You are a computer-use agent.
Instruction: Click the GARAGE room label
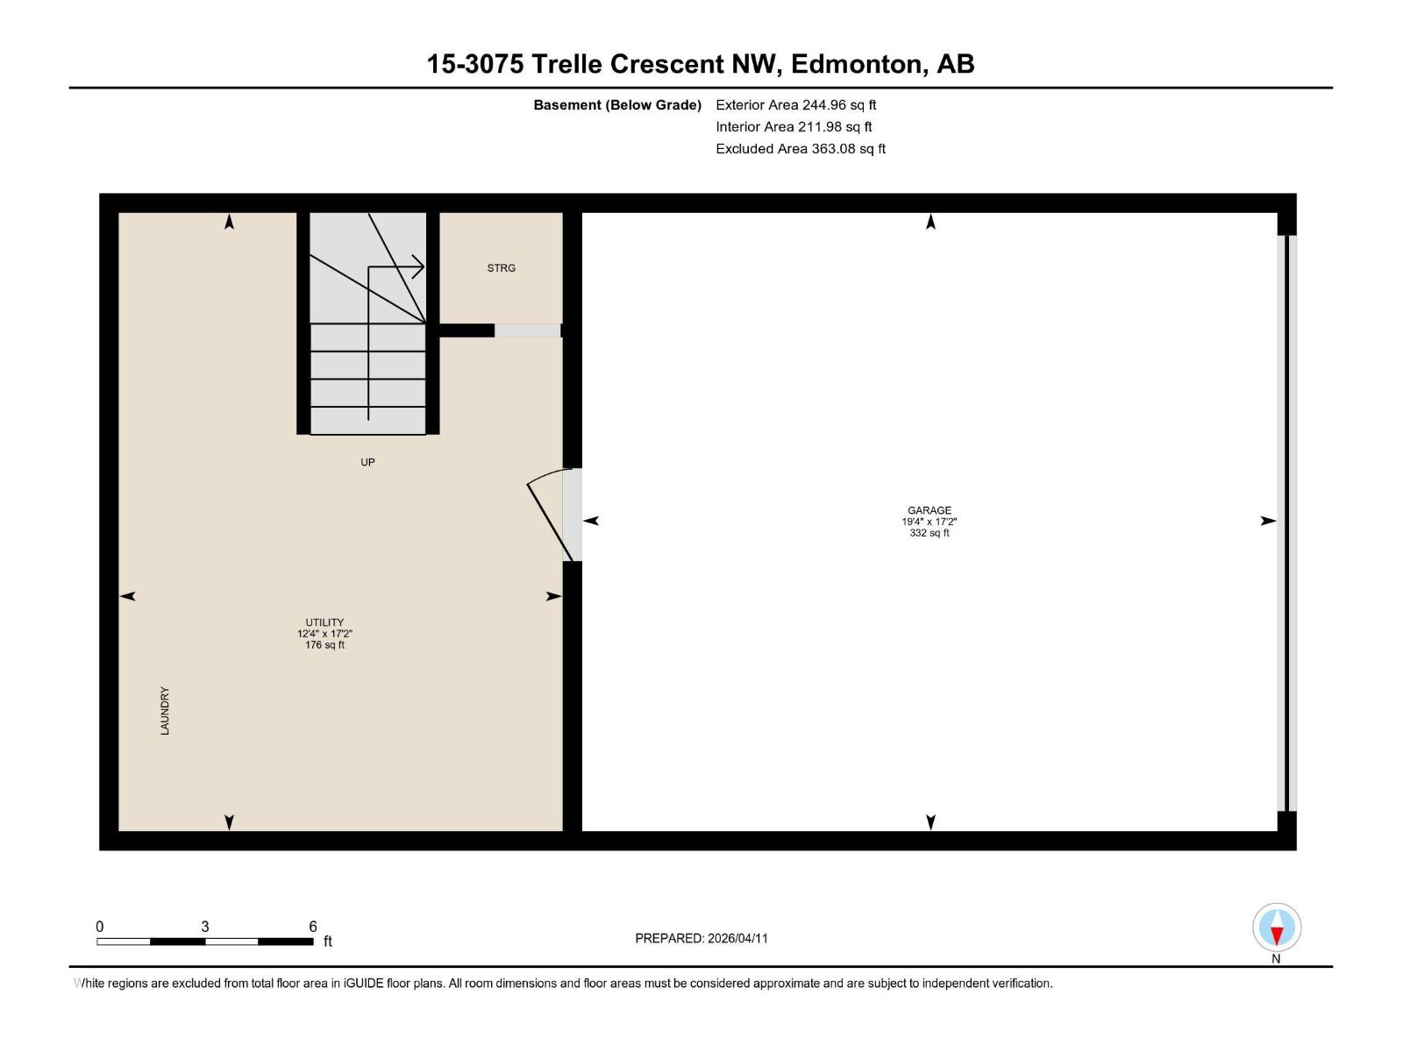tap(929, 510)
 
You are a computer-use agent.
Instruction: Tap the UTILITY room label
tap(324, 622)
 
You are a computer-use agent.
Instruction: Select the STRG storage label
tap(502, 268)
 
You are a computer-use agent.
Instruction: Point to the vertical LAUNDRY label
tap(165, 711)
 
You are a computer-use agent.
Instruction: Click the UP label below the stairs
tap(367, 462)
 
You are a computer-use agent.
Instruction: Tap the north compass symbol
tap(1277, 928)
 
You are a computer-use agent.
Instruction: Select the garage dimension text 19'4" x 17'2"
tap(929, 522)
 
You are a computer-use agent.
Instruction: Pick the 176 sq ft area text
tap(324, 645)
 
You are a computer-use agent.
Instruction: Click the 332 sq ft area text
tap(929, 533)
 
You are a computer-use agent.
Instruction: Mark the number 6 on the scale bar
tap(313, 927)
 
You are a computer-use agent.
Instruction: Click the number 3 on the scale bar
tap(205, 927)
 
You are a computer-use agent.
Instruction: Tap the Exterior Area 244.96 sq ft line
tap(795, 105)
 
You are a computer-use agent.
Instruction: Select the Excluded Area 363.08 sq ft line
tap(800, 149)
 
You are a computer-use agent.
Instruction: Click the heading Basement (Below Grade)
tap(617, 105)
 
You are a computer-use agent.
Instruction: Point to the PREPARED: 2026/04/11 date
tap(701, 938)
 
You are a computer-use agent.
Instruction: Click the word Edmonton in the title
tap(858, 64)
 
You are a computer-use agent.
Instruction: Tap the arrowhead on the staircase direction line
tap(419, 267)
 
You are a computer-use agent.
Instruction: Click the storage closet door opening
tap(527, 331)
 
